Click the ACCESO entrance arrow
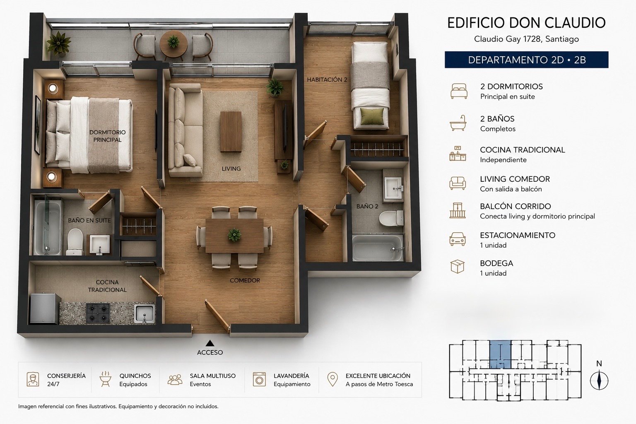pyautogui.click(x=210, y=343)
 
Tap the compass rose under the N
pyautogui.click(x=599, y=381)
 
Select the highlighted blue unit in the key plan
pyautogui.click(x=500, y=354)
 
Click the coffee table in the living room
pyautogui.click(x=231, y=132)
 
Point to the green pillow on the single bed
pyautogui.click(x=372, y=116)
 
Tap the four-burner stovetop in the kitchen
pyautogui.click(x=98, y=313)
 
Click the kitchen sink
pyautogui.click(x=145, y=314)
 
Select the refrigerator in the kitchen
pyautogui.click(x=45, y=308)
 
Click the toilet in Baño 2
pyautogui.click(x=391, y=218)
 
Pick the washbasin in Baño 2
pyautogui.click(x=393, y=188)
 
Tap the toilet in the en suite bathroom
pyautogui.click(x=75, y=242)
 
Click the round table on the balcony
pyautogui.click(x=173, y=45)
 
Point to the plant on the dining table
pyautogui.click(x=234, y=235)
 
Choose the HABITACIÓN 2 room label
pyautogui.click(x=327, y=80)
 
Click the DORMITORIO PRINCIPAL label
pyautogui.click(x=107, y=136)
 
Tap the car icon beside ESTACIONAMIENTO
pyautogui.click(x=458, y=239)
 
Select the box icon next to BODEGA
pyautogui.click(x=458, y=266)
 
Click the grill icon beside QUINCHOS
pyautogui.click(x=105, y=379)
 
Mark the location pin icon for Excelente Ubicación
pyautogui.click(x=332, y=379)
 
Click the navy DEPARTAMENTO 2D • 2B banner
pyautogui.click(x=526, y=60)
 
